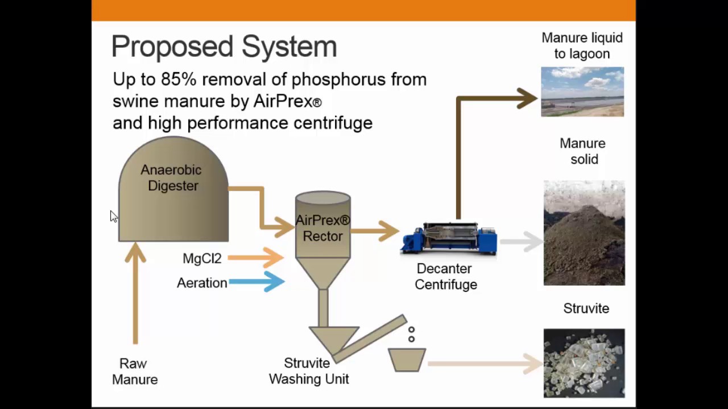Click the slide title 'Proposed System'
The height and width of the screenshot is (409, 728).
(224, 47)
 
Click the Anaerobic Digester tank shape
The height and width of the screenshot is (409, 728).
(173, 210)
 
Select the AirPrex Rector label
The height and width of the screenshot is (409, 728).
(322, 228)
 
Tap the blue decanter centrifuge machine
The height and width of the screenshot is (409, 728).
(449, 239)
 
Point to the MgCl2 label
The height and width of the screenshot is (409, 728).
(202, 258)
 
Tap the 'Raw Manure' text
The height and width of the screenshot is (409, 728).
(135, 372)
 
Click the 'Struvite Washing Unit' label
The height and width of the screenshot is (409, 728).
(308, 371)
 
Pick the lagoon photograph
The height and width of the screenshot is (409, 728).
(582, 92)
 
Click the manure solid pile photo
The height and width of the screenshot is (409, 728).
(584, 233)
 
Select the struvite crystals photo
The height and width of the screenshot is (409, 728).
(584, 362)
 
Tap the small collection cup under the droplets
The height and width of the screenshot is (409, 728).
(407, 360)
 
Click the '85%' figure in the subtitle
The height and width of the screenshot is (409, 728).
(179, 80)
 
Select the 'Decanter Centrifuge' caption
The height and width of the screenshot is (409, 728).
(445, 277)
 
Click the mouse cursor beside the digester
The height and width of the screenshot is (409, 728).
(114, 216)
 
